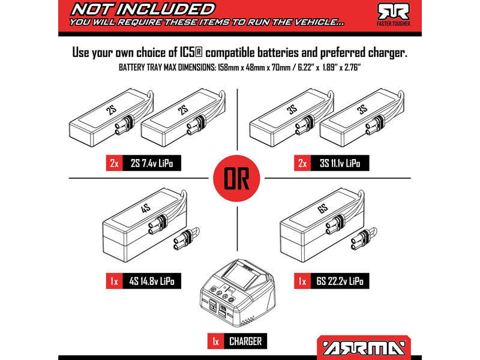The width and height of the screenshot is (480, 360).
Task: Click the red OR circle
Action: tap(236, 178)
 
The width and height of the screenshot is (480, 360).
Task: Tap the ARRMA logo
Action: tap(364, 349)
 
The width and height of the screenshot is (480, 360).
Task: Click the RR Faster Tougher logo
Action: tap(394, 14)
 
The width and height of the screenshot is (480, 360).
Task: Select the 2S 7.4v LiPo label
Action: tap(152, 163)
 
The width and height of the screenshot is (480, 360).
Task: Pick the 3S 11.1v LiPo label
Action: tap(340, 163)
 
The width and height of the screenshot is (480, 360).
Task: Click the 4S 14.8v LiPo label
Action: tap(152, 281)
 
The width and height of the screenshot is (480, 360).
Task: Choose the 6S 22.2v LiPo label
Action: tap(340, 281)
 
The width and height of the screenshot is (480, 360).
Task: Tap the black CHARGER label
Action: tap(245, 341)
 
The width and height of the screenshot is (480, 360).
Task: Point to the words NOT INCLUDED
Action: tap(143, 10)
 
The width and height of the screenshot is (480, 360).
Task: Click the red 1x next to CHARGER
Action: tap(216, 341)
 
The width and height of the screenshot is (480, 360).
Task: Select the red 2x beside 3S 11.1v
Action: tap(302, 163)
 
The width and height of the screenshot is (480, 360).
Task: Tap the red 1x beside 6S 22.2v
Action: tap(302, 281)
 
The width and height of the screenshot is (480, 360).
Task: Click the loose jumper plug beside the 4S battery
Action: tap(186, 238)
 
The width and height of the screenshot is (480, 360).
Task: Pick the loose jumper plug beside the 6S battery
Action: tap(364, 239)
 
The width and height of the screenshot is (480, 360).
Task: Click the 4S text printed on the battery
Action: tap(146, 209)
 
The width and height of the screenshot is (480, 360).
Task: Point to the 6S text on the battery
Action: tap(323, 209)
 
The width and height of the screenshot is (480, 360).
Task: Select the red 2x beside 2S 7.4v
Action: tap(115, 163)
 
